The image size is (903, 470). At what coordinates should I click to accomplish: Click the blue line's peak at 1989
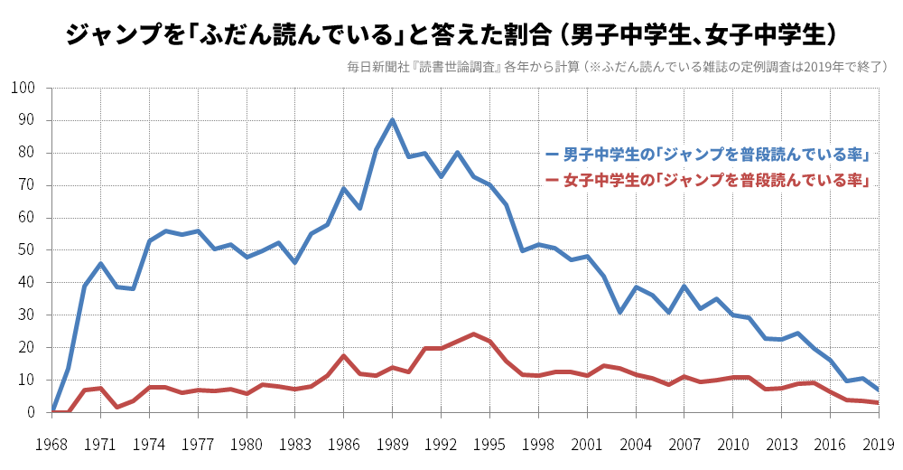click(x=392, y=120)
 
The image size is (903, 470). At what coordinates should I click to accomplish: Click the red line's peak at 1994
click(x=473, y=334)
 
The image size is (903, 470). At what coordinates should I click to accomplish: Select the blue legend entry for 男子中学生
click(x=708, y=154)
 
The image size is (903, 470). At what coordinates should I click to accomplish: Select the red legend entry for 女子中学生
click(x=708, y=181)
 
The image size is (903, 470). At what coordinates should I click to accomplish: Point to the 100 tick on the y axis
click(x=23, y=88)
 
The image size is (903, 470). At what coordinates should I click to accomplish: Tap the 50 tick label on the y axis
click(x=26, y=249)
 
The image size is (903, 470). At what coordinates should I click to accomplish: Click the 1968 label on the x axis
click(x=51, y=444)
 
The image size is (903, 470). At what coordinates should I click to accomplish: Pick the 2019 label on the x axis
click(x=878, y=444)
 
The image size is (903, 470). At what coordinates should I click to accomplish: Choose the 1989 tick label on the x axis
click(x=392, y=444)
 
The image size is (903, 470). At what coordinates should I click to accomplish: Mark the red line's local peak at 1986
click(x=343, y=356)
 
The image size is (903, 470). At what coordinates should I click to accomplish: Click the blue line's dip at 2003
click(x=619, y=313)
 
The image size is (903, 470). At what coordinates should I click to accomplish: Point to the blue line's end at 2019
click(x=878, y=390)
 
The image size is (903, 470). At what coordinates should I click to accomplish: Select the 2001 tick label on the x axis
click(x=586, y=444)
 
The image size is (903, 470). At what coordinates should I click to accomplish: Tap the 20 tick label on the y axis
click(x=26, y=347)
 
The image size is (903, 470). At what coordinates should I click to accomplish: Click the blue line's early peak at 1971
click(x=100, y=264)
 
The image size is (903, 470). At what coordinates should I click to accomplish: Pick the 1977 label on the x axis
click(x=198, y=444)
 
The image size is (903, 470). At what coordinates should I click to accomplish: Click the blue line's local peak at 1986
click(x=343, y=189)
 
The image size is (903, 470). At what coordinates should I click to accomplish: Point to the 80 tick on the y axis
click(x=26, y=153)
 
